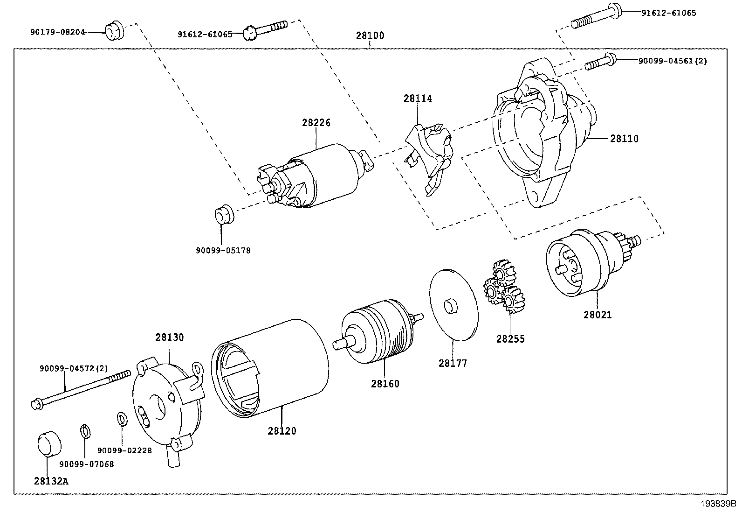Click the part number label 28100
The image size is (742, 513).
coord(370,36)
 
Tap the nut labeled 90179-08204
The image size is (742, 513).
coord(114,31)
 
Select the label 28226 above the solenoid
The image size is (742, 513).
coord(316,123)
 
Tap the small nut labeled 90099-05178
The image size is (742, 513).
coord(223,214)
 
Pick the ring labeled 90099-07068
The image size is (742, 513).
coord(85,432)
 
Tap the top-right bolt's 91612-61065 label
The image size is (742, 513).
coord(668,13)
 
